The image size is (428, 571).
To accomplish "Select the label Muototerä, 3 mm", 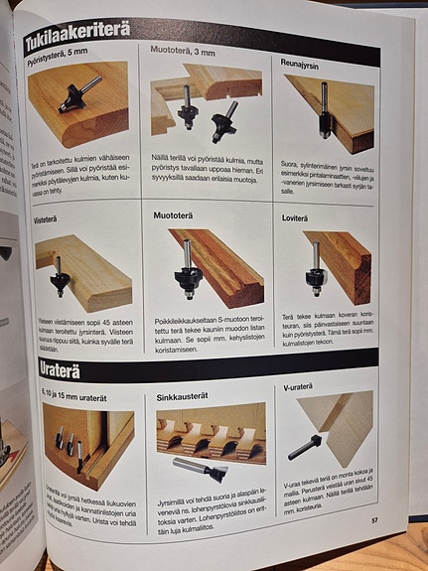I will tap(184, 51).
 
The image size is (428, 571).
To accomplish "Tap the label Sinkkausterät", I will tap(183, 396).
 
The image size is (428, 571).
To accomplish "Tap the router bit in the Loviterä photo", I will tap(315, 271).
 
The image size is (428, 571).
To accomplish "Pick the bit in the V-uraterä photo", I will tap(304, 447).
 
